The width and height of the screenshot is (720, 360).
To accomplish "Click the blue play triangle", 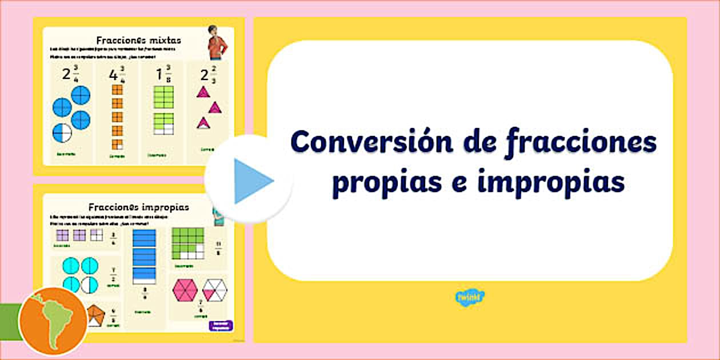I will point(252,181).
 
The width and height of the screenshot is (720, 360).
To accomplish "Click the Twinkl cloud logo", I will point(470,297).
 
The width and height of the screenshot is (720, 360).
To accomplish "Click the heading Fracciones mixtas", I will point(138,40).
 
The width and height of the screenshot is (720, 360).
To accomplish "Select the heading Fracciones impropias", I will point(138,206).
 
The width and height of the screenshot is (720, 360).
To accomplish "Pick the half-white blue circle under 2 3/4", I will point(62,133).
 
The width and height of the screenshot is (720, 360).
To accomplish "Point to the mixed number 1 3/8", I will point(163,75).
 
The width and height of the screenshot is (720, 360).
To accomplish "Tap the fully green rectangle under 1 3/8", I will point(163,97).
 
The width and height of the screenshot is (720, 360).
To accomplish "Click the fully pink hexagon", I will point(185,291).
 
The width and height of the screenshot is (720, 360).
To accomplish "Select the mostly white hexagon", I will point(215,290).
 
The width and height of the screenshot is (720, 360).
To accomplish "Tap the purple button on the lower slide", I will point(221,326).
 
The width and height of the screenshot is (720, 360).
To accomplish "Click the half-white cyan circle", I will point(89,283).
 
